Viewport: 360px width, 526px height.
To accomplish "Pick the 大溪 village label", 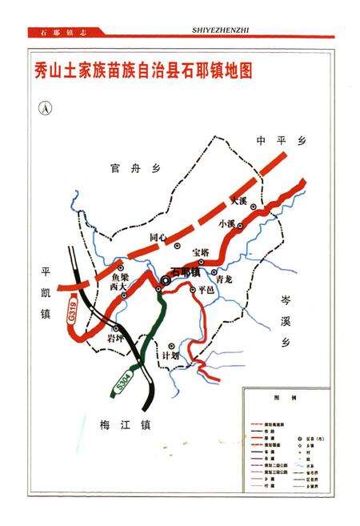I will pyautogui.click(x=239, y=200).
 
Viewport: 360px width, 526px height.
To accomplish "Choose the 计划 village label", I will pyautogui.click(x=170, y=355).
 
